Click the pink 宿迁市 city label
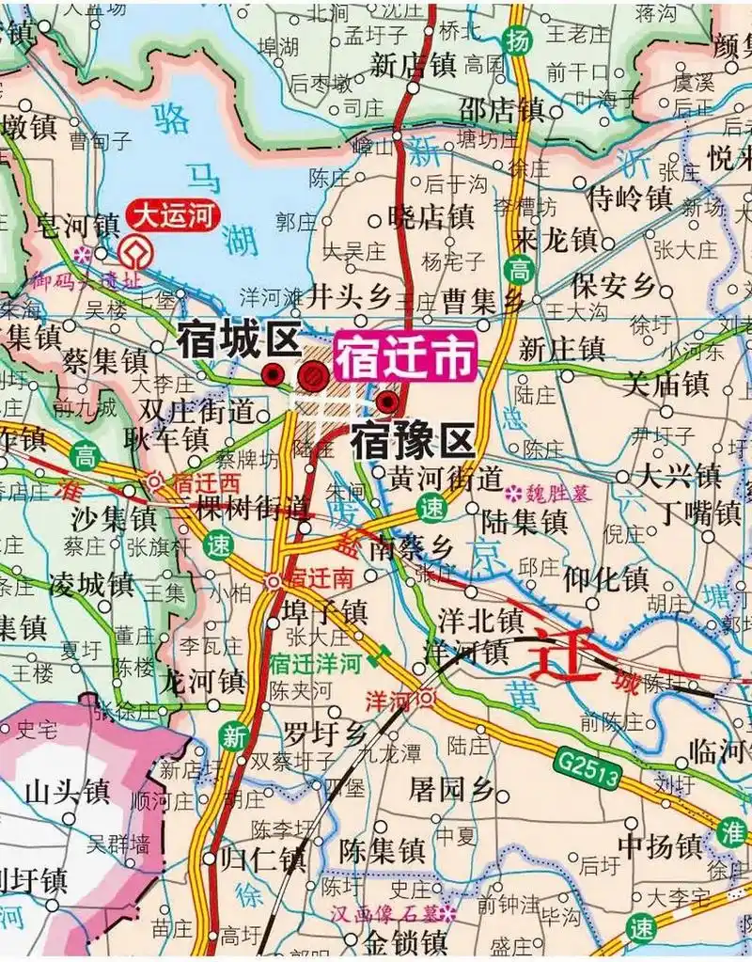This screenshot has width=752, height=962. tap(406, 359)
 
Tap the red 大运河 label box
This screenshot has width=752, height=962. tap(174, 217)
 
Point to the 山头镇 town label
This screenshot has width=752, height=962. tap(68, 790)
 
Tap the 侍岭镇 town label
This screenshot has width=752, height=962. tap(629, 198)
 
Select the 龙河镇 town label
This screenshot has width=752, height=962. tap(204, 679)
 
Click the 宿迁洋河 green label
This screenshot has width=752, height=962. tap(315, 663)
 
